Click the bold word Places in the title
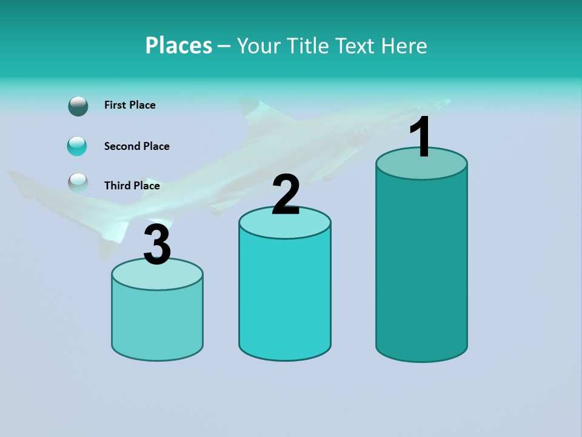179,46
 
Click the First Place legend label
130,105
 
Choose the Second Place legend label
136,146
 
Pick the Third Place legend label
132,186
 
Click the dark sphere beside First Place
78,106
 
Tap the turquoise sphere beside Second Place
77,146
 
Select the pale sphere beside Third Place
78,183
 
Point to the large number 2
286,195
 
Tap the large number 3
157,245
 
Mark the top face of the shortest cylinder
157,277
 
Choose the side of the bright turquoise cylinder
285,297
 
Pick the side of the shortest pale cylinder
157,322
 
